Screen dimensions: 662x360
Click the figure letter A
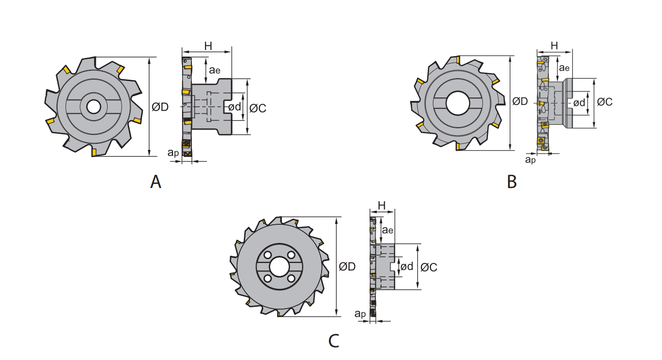click(156, 181)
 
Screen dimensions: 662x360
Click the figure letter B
click(512, 181)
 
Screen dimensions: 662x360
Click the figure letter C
click(334, 341)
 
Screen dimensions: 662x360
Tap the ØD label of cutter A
click(160, 107)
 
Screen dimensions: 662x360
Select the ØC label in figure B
click(604, 102)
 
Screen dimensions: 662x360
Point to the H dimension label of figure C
click(381, 205)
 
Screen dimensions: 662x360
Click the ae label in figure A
click(215, 70)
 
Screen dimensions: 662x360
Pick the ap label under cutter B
click(530, 160)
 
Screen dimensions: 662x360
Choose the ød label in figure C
click(406, 266)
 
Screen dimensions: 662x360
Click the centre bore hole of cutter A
click(94, 106)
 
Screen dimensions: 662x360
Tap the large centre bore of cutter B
click(457, 103)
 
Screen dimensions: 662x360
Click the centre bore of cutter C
click(279, 267)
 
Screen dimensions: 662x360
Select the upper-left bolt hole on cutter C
click(268, 255)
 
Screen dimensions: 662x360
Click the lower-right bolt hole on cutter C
click(291, 278)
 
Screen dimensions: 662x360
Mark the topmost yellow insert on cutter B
click(458, 60)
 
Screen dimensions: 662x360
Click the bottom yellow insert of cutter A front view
click(94, 152)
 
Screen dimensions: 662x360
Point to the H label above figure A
click(208, 46)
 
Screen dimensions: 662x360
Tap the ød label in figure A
click(234, 106)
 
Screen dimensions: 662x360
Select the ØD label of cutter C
click(347, 267)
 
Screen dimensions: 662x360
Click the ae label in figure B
click(564, 68)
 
